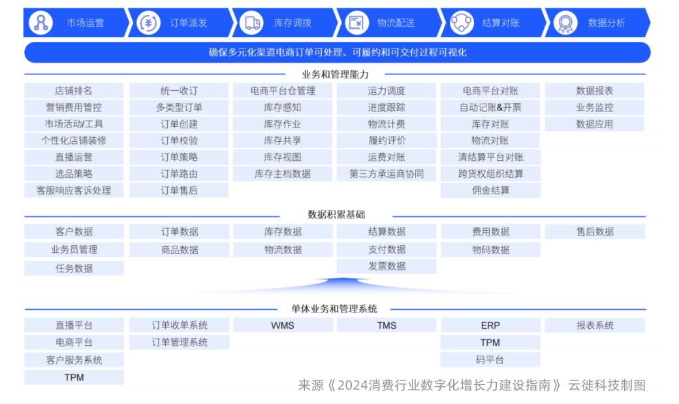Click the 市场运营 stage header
[85, 23]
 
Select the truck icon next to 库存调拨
[252, 23]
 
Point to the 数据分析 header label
[606, 23]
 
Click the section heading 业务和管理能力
[335, 75]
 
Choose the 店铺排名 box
[74, 91]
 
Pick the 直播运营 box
[74, 157]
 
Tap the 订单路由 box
[179, 174]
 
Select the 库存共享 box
[282, 141]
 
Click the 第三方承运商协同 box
[387, 174]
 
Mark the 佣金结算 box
[490, 190]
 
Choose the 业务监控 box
[594, 107]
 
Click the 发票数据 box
[387, 266]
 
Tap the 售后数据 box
[594, 231]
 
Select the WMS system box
[282, 325]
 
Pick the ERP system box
[490, 325]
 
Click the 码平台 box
[490, 360]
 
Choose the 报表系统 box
[594, 325]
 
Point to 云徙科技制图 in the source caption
[607, 385]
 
